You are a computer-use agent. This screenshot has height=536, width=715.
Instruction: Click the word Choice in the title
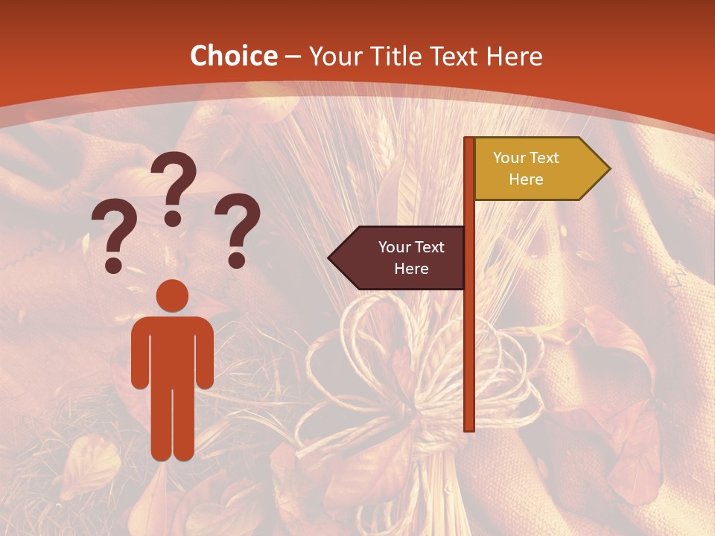[233, 57]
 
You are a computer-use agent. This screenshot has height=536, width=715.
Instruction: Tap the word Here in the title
[514, 57]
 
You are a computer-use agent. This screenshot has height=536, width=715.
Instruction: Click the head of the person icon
[172, 295]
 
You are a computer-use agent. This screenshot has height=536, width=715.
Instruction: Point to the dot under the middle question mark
[173, 218]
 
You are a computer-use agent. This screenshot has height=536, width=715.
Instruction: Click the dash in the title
[293, 57]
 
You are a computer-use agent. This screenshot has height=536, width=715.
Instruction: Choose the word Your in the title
[334, 57]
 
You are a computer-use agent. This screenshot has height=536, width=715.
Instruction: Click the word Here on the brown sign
[411, 269]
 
